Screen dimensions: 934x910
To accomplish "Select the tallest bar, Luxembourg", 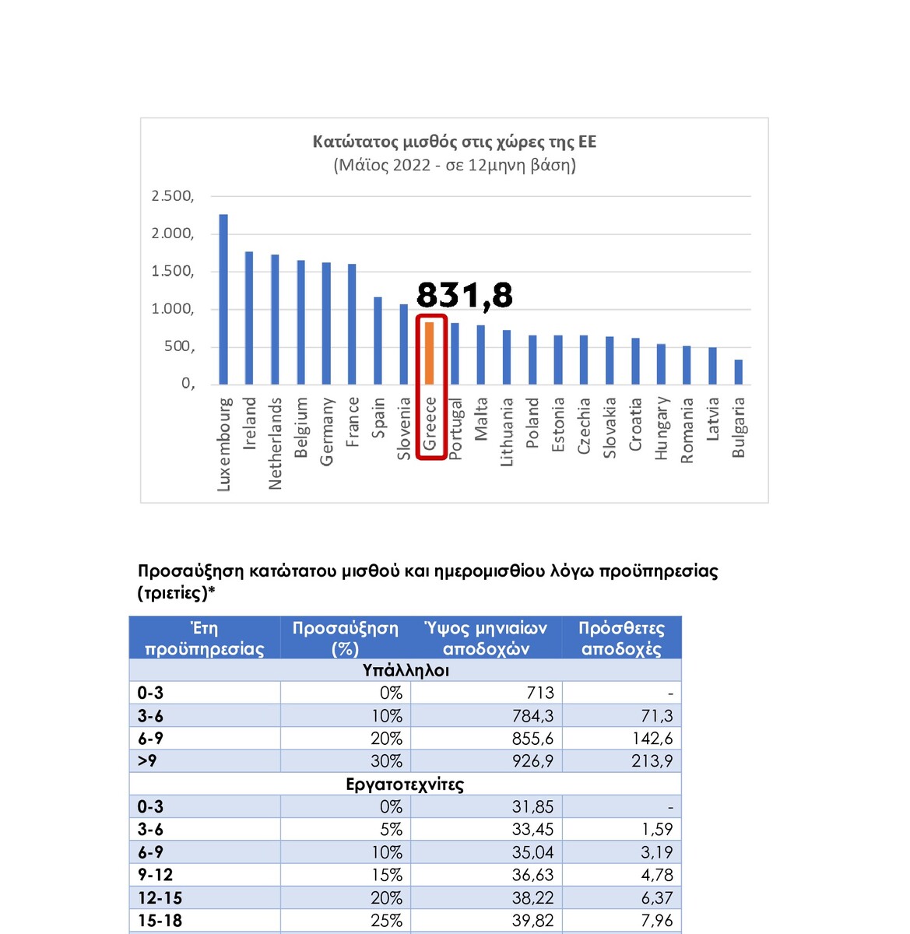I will (x=223, y=299).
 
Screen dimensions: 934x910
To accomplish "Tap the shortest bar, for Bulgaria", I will (x=738, y=372).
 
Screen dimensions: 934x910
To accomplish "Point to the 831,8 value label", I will (x=465, y=295).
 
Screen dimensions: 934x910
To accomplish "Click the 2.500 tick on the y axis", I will (x=173, y=196).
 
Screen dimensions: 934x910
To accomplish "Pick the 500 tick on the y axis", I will (x=179, y=346).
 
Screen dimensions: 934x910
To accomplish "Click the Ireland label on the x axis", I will (x=249, y=423).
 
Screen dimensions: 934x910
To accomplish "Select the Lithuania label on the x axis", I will (x=507, y=432).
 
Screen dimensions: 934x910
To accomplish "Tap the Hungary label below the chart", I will (x=661, y=428).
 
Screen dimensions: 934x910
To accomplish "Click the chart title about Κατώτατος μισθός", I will (x=455, y=142).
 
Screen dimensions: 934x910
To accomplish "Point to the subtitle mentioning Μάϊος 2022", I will (x=455, y=165).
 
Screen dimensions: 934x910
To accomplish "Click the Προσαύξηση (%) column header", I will (x=345, y=638).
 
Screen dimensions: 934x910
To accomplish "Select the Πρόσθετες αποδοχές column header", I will (x=621, y=638).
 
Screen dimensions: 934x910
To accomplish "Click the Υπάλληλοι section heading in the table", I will (x=406, y=671).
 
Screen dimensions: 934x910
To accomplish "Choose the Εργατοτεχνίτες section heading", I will (x=405, y=785).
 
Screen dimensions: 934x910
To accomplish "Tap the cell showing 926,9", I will (x=532, y=761).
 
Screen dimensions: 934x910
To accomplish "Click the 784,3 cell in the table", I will (x=532, y=716).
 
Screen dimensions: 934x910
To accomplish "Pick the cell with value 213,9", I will (x=652, y=761).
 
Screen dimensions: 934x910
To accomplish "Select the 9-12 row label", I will (x=156, y=875).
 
